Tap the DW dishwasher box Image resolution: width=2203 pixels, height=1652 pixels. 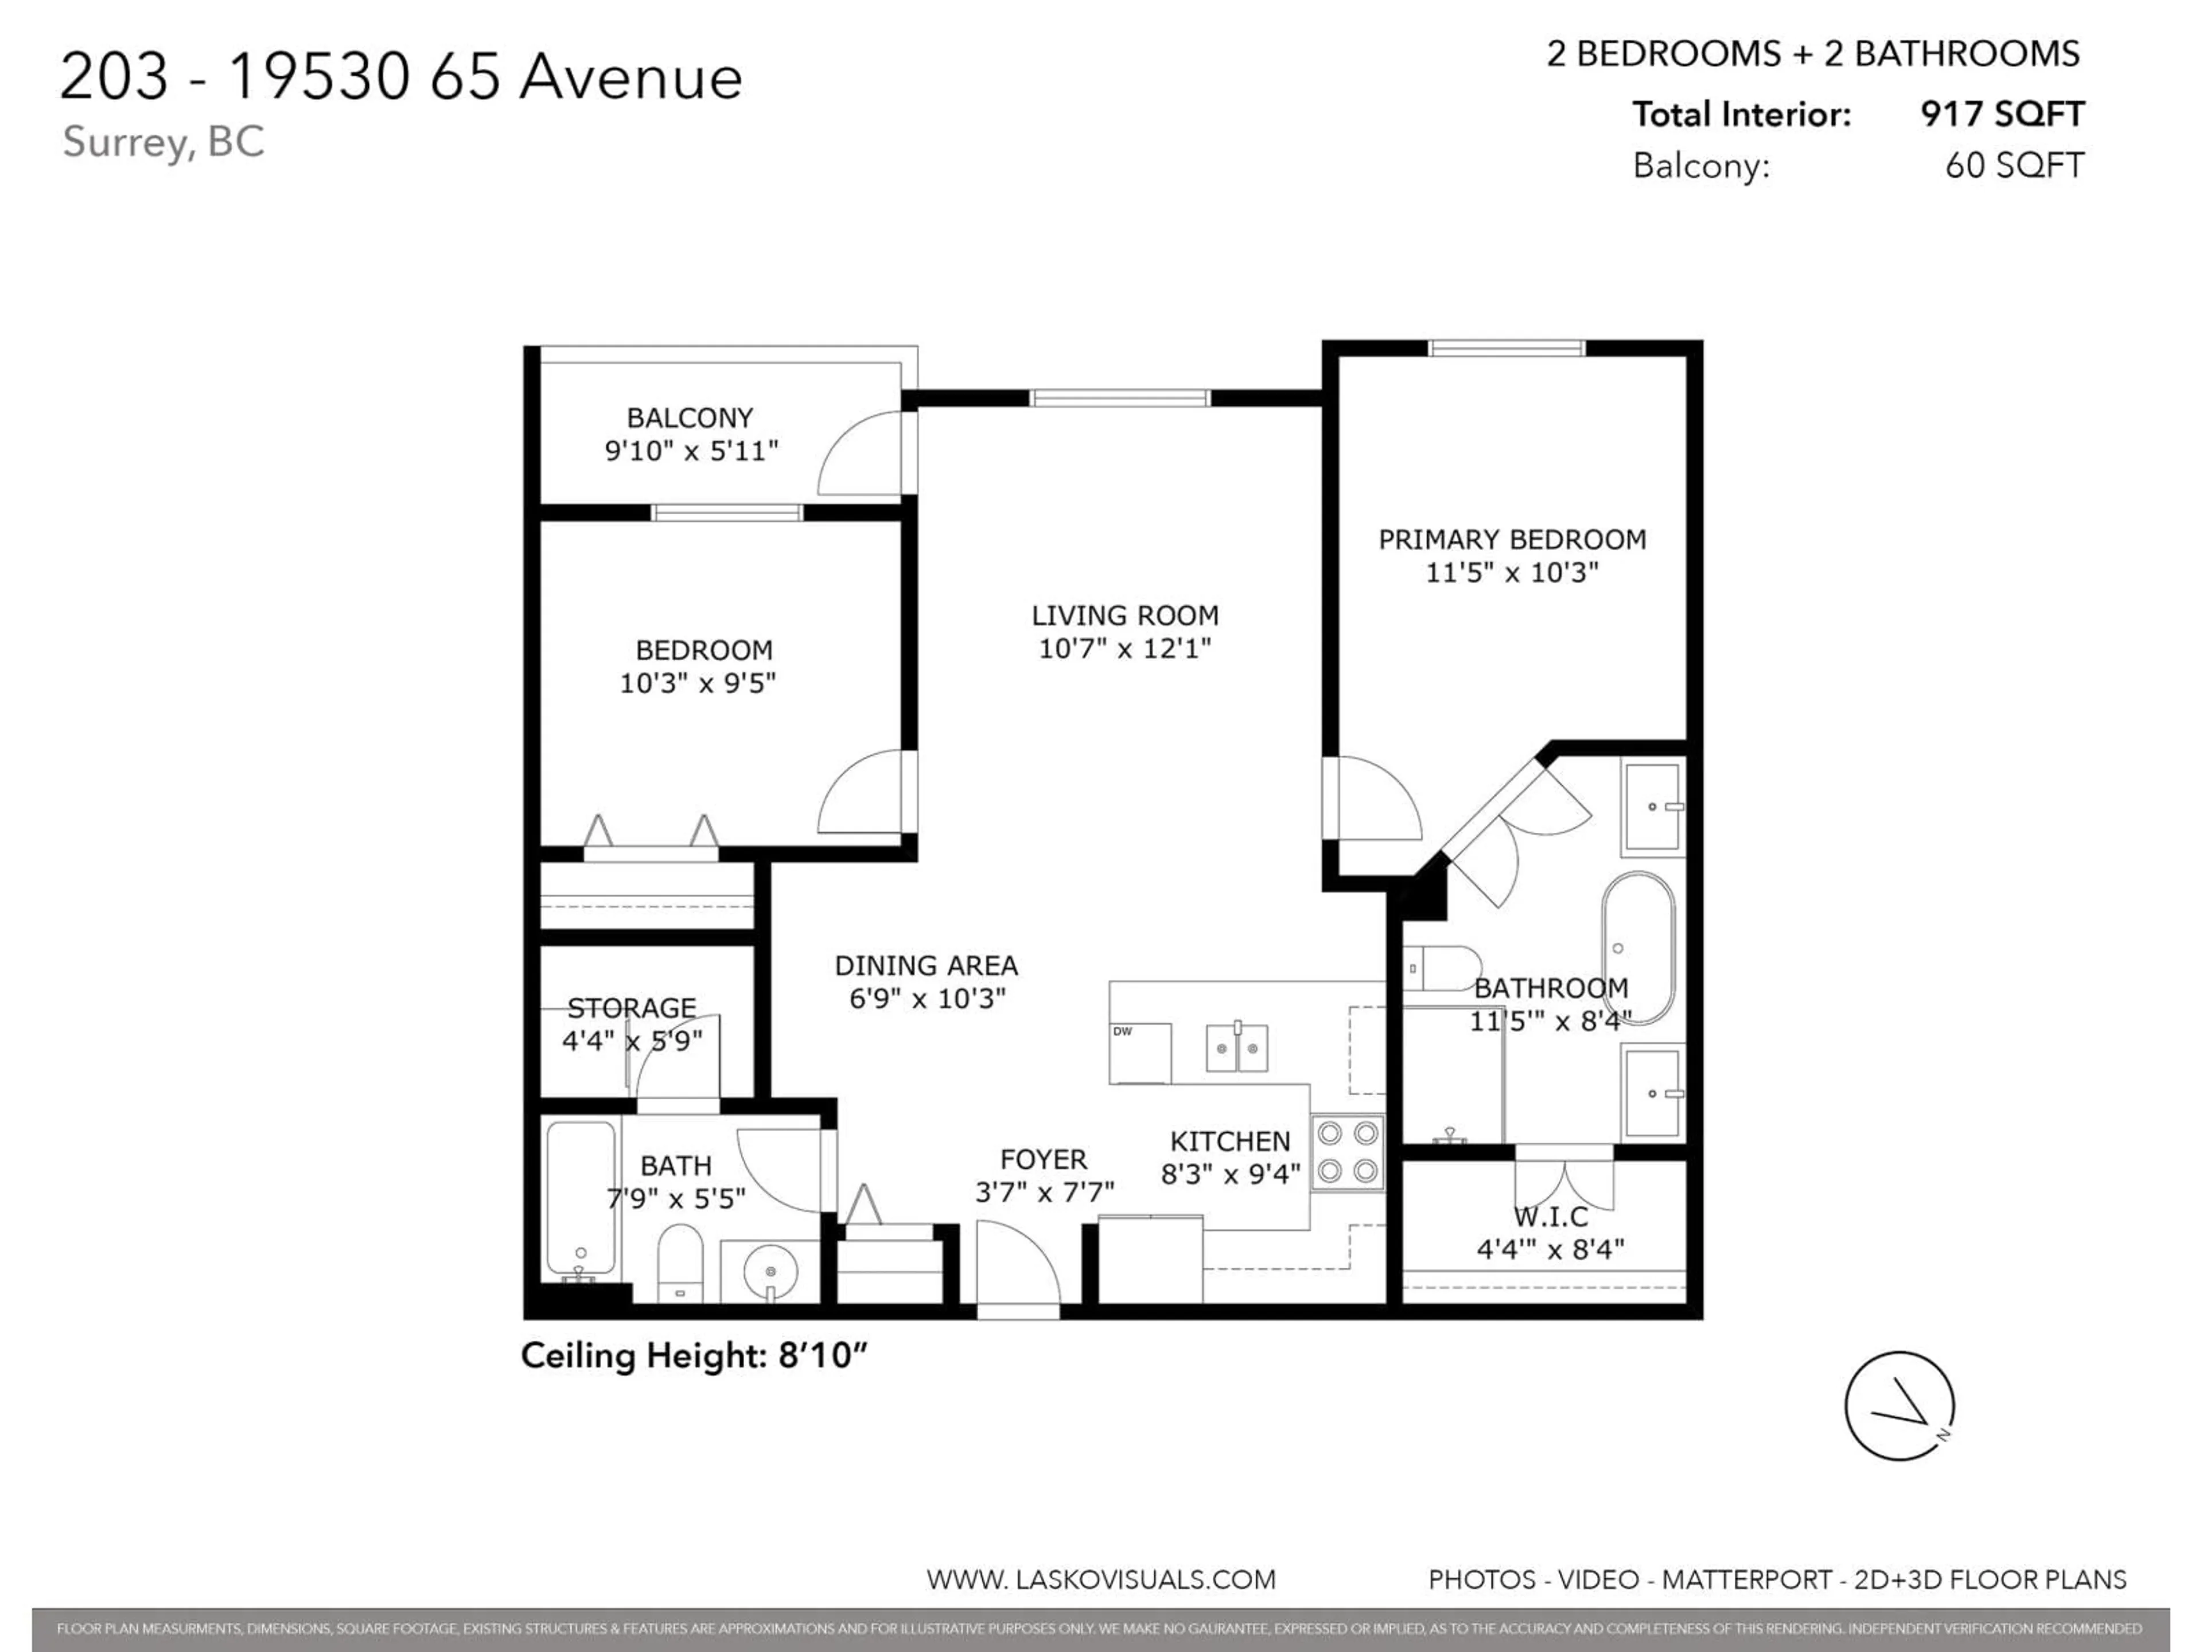pyautogui.click(x=1139, y=1053)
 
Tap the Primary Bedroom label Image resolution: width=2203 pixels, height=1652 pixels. pyautogui.click(x=1512, y=540)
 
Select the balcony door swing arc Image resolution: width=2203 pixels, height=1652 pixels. pyautogui.click(x=858, y=453)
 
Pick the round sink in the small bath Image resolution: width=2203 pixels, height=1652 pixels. pyautogui.click(x=771, y=1271)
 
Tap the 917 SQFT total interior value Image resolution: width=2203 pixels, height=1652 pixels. pyautogui.click(x=2002, y=115)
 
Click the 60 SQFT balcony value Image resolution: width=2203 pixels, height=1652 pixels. pyautogui.click(x=2014, y=165)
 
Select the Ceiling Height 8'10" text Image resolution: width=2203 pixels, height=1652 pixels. pyautogui.click(x=694, y=1356)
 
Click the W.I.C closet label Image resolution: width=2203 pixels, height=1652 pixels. pyautogui.click(x=1551, y=1217)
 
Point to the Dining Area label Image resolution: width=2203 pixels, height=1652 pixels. pyautogui.click(x=925, y=965)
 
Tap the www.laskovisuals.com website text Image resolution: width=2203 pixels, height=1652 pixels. pyautogui.click(x=1100, y=1579)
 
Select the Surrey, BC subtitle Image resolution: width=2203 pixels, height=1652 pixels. pyautogui.click(x=164, y=142)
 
